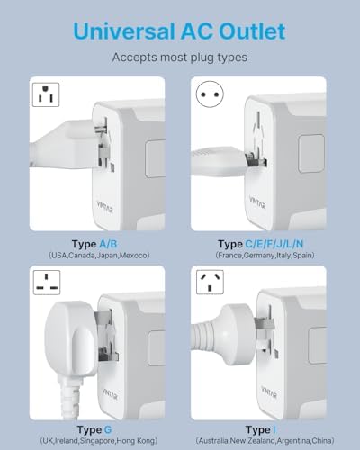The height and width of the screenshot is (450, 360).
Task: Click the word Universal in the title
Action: (124, 31)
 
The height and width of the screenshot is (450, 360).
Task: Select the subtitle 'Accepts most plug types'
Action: (180, 58)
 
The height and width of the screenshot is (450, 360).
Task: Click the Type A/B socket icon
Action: (46, 94)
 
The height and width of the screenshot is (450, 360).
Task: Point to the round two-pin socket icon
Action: (210, 94)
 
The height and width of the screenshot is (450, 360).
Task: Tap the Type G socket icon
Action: (47, 283)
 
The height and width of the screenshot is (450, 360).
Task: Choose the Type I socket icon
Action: (210, 283)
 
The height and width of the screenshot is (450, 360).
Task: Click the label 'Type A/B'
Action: (94, 244)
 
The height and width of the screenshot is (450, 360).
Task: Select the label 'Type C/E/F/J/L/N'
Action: (261, 244)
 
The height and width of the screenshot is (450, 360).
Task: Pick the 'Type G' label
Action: (94, 430)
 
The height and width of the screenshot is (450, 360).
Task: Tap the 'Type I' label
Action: (261, 430)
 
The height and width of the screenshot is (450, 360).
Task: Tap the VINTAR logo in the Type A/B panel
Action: (105, 207)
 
